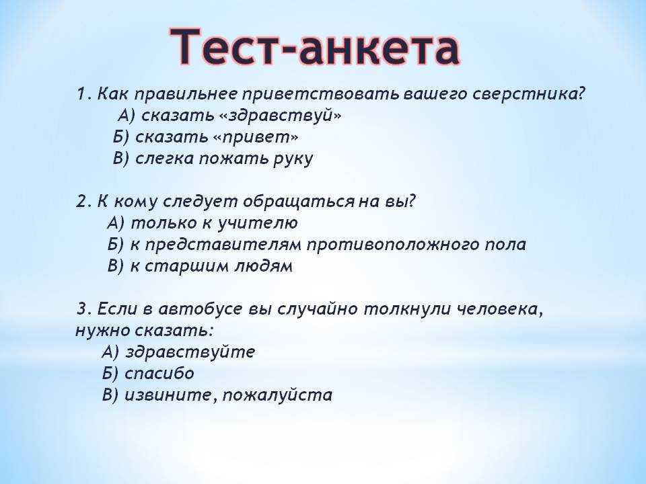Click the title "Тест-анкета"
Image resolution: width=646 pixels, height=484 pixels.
pos(315,47)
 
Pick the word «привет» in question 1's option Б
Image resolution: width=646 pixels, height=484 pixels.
pos(256,138)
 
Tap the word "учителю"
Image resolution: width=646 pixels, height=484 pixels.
pos(258,223)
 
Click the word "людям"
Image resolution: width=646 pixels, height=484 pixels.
pos(264,266)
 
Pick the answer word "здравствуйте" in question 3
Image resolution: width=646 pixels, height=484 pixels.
pos(190,352)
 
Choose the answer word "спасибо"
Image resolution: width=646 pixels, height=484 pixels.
pos(159,374)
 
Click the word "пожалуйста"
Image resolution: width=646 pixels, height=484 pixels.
pos(277,395)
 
